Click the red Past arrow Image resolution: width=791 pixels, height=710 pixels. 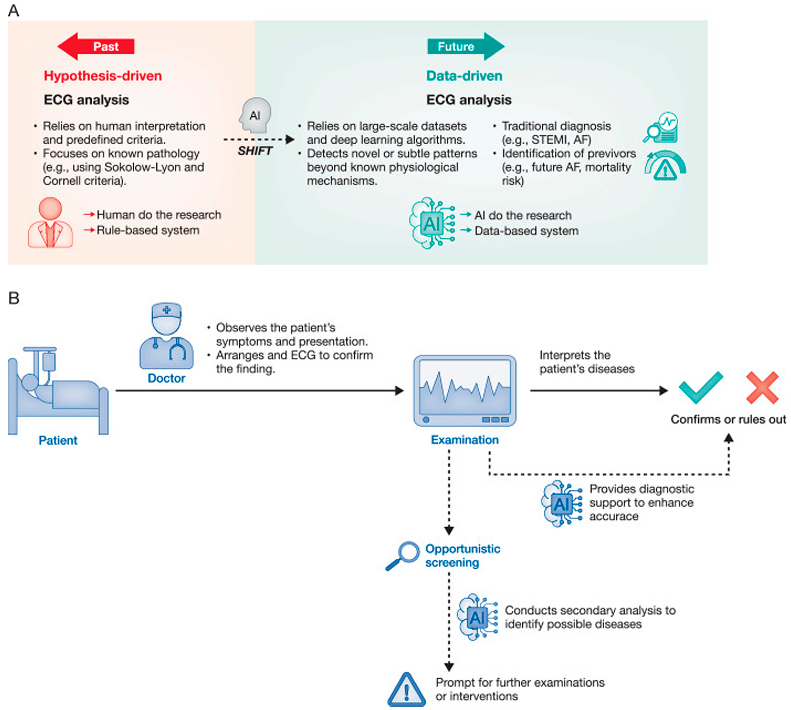[96, 46]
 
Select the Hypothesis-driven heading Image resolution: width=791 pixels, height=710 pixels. [103, 76]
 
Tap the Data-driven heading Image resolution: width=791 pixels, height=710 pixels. [464, 76]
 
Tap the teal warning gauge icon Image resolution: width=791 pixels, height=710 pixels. [665, 166]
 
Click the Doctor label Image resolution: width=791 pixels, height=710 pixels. [166, 378]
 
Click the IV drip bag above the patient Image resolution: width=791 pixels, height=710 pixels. [49, 362]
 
